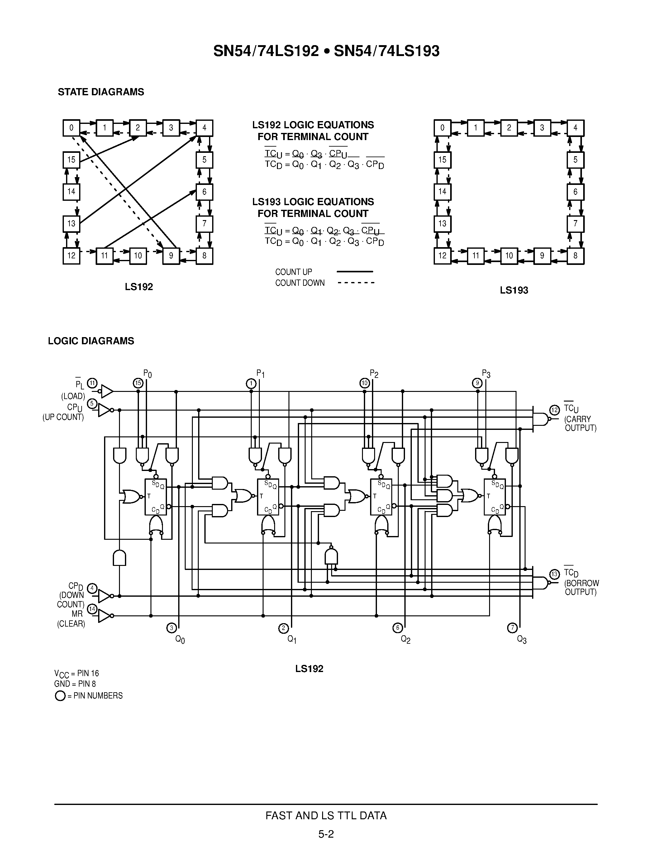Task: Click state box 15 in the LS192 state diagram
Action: pyautogui.click(x=71, y=159)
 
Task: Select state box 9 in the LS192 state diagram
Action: pyautogui.click(x=171, y=256)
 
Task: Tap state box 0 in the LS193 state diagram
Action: pyautogui.click(x=442, y=128)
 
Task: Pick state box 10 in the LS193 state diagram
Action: pyautogui.click(x=509, y=256)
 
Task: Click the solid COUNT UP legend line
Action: pyautogui.click(x=355, y=271)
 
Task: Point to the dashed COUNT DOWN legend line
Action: pyautogui.click(x=356, y=283)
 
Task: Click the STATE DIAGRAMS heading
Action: pyautogui.click(x=101, y=92)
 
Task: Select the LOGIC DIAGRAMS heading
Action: pyautogui.click(x=91, y=341)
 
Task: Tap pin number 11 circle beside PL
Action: pyautogui.click(x=92, y=383)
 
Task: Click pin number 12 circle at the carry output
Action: pyautogui.click(x=554, y=410)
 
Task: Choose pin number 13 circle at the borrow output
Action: pyautogui.click(x=554, y=574)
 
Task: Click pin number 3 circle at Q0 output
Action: pyautogui.click(x=171, y=628)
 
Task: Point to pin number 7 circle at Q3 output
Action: pyautogui.click(x=512, y=628)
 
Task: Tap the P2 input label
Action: pyautogui.click(x=374, y=373)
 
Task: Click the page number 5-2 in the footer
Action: pyautogui.click(x=326, y=834)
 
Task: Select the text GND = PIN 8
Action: pyautogui.click(x=75, y=684)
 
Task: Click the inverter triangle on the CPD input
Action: pyautogui.click(x=104, y=596)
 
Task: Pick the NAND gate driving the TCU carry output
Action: pyautogui.click(x=541, y=419)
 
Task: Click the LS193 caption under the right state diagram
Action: pyautogui.click(x=514, y=290)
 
